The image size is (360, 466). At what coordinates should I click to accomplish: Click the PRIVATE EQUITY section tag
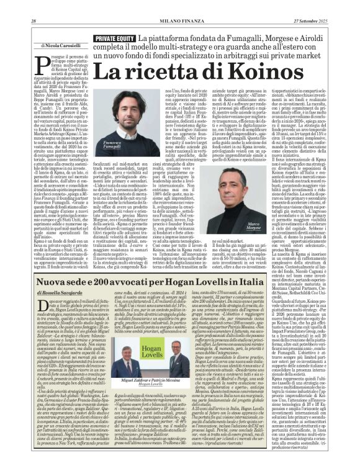[114, 38]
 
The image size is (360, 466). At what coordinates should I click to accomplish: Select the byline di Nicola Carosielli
[61, 46]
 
